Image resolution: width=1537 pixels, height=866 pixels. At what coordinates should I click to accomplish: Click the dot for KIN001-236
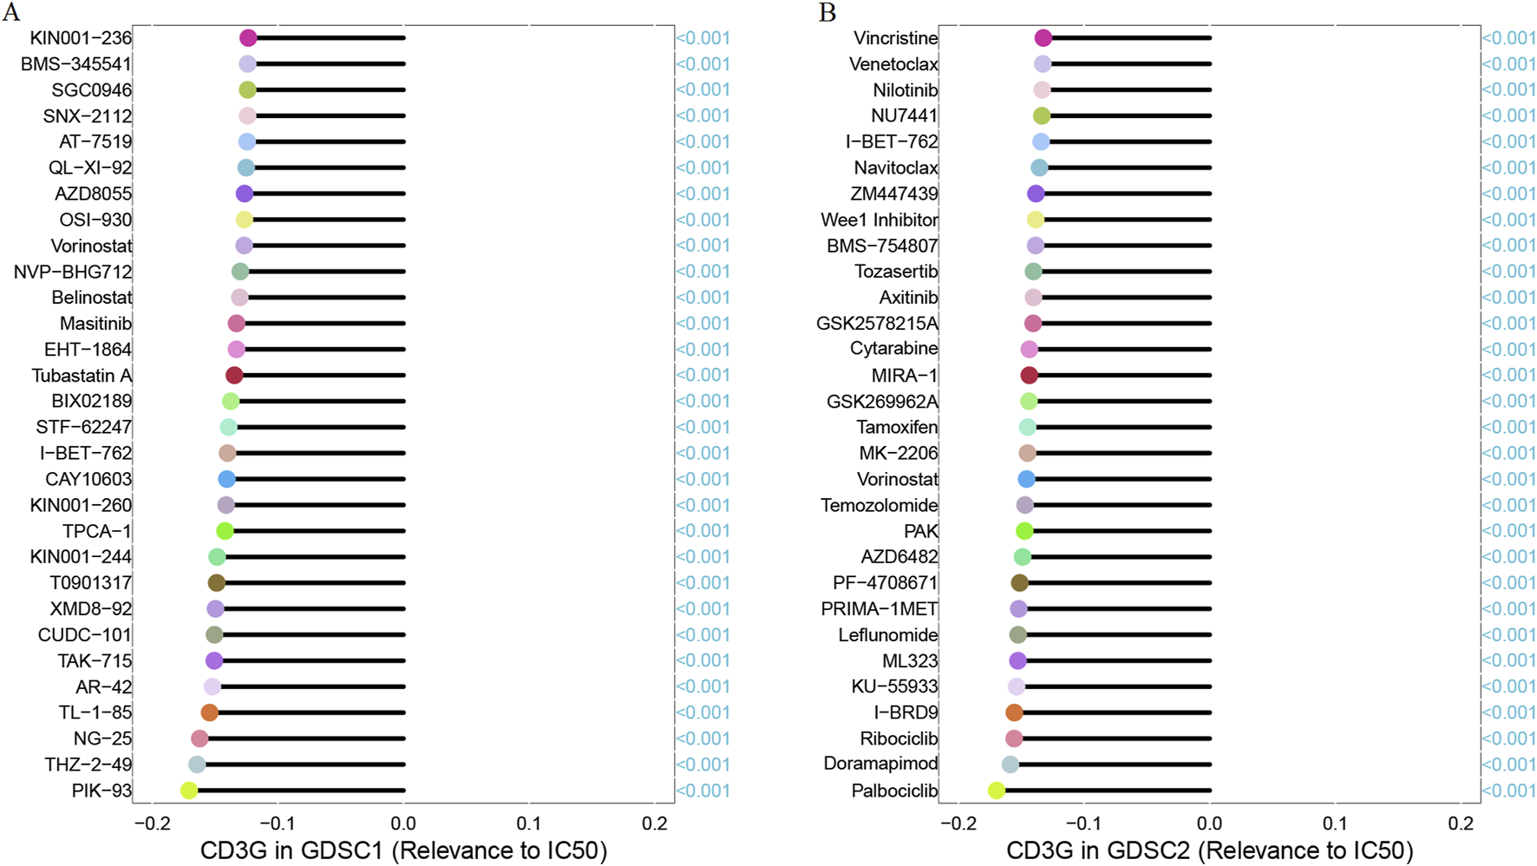pyautogui.click(x=248, y=38)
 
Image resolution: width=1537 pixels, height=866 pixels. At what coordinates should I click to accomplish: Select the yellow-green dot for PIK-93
pyautogui.click(x=189, y=791)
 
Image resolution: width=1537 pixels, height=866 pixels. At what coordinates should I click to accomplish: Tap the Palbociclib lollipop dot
pyautogui.click(x=997, y=791)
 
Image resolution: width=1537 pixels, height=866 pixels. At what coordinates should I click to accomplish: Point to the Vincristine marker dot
pyautogui.click(x=1043, y=38)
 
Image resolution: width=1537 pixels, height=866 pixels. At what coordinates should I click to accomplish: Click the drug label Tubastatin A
pyautogui.click(x=82, y=376)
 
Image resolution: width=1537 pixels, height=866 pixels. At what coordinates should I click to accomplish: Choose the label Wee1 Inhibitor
pyautogui.click(x=879, y=220)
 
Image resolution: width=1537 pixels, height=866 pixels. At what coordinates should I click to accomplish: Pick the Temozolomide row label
pyautogui.click(x=879, y=505)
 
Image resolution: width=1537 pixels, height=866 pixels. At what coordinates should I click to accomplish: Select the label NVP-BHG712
pyautogui.click(x=73, y=272)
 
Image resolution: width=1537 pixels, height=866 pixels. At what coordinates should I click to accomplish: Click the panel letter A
pyautogui.click(x=11, y=12)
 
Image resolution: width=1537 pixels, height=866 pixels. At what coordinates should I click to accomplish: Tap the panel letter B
pyautogui.click(x=827, y=12)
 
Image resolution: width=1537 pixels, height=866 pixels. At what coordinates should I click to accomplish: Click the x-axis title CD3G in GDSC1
pyautogui.click(x=403, y=850)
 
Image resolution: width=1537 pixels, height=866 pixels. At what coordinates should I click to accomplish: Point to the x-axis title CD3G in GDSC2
pyautogui.click(x=1209, y=850)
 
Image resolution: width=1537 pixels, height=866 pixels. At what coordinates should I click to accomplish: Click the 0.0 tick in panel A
pyautogui.click(x=403, y=823)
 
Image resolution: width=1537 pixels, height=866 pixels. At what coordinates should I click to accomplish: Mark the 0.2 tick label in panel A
pyautogui.click(x=655, y=823)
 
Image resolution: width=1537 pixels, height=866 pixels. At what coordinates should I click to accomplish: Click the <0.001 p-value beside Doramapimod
pyautogui.click(x=1508, y=764)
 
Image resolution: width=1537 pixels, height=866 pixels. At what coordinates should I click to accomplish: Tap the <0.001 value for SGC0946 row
pyautogui.click(x=703, y=90)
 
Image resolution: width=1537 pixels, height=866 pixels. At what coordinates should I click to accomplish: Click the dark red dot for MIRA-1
pyautogui.click(x=1030, y=376)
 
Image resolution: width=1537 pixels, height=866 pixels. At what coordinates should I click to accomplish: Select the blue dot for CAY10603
pyautogui.click(x=226, y=479)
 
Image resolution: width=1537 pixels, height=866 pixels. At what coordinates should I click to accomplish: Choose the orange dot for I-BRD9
pyautogui.click(x=1014, y=712)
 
